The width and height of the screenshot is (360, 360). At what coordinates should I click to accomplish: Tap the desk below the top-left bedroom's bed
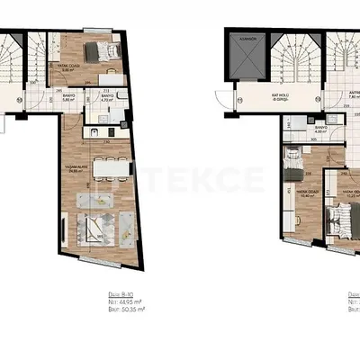pyautogui.click(x=106, y=73)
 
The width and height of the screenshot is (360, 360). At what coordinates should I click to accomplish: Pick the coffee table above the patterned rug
pyautogui.click(x=99, y=200)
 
